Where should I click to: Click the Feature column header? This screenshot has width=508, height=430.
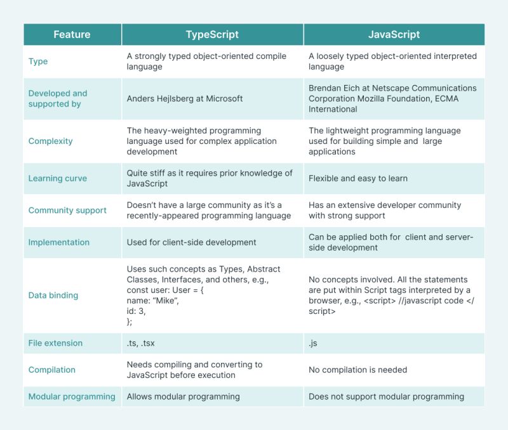[x=72, y=34]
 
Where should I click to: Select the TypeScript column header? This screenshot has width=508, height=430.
[x=212, y=34]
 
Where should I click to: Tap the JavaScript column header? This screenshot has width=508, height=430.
[x=394, y=34]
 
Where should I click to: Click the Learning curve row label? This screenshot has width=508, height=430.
[x=58, y=178]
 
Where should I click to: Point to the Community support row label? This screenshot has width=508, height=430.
[x=67, y=210]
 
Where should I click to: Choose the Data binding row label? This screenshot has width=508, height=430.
[x=53, y=295]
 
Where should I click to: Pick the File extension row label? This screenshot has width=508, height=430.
[x=55, y=343]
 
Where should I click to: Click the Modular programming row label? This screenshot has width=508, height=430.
[x=72, y=396]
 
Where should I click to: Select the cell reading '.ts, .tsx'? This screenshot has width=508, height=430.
[x=140, y=343]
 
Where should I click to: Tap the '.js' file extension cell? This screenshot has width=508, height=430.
[x=314, y=343]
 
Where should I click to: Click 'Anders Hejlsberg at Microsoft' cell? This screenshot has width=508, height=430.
[x=185, y=98]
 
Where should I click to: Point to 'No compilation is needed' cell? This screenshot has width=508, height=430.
[x=358, y=370]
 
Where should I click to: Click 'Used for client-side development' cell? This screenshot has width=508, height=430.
[x=191, y=242]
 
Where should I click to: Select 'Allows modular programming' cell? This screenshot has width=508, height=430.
[x=183, y=396]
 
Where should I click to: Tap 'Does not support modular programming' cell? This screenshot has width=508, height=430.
[x=386, y=396]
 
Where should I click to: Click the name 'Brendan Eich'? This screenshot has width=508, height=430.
[x=335, y=88]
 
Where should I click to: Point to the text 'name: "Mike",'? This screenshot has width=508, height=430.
[x=152, y=300]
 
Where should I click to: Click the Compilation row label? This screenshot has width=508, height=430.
[x=52, y=370]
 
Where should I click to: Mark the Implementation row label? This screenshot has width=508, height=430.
[x=59, y=242]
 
